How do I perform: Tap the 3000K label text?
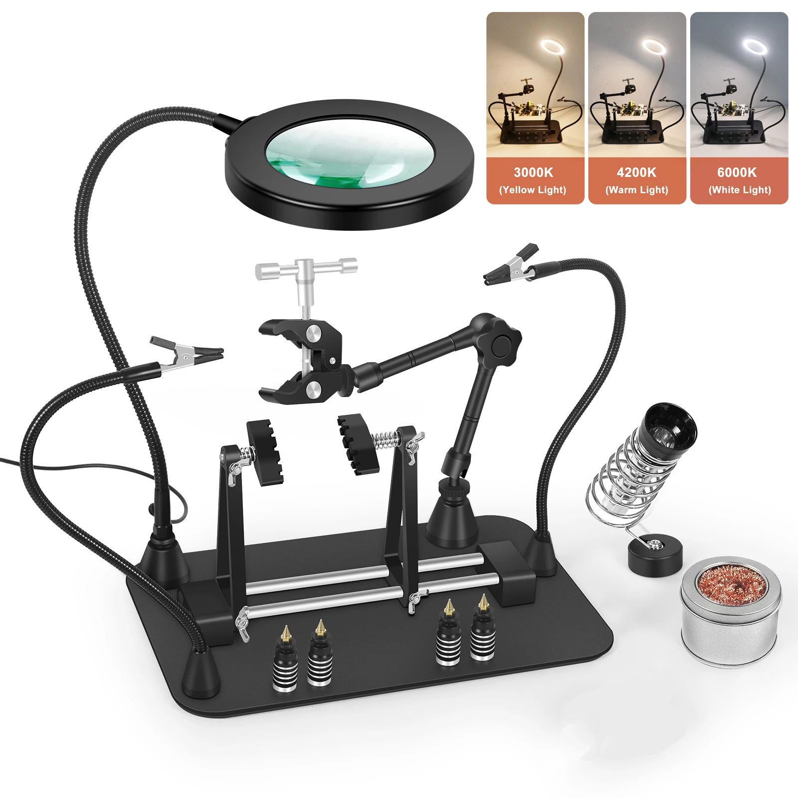coord(533,173)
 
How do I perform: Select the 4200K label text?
coord(636,173)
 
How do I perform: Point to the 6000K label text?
coord(737,173)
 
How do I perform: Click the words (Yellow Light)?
coord(533,190)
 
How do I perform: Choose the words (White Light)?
coord(740,190)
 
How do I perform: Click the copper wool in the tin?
coord(731,586)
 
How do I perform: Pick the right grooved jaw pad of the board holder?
coord(357,443)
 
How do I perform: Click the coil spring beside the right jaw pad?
coord(386,439)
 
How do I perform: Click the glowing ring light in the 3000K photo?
coord(553,48)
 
